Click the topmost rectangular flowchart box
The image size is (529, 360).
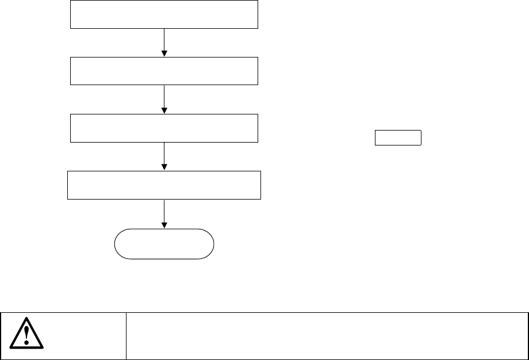pyautogui.click(x=164, y=14)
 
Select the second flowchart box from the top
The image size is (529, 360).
pyautogui.click(x=164, y=71)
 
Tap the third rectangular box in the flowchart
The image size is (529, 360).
pyautogui.click(x=164, y=128)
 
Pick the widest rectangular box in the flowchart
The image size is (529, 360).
pyautogui.click(x=164, y=185)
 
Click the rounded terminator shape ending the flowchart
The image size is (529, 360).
pyautogui.click(x=164, y=244)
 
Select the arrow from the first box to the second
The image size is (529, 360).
pyautogui.click(x=164, y=40)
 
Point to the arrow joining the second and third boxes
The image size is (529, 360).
pyautogui.click(x=164, y=98)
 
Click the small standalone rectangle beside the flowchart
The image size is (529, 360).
pyautogui.click(x=398, y=138)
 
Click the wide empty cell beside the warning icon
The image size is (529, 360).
pyautogui.click(x=327, y=336)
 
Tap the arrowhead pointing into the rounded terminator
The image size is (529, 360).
pyautogui.click(x=164, y=225)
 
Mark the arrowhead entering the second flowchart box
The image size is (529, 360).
pyautogui.click(x=164, y=53)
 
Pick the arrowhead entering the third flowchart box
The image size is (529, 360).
pyautogui.click(x=164, y=110)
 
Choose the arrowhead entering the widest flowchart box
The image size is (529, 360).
pyautogui.click(x=164, y=167)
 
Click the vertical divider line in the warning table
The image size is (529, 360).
pyautogui.click(x=126, y=336)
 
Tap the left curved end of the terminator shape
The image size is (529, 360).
pyautogui.click(x=117, y=244)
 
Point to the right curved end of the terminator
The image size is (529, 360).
pyautogui.click(x=212, y=244)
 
